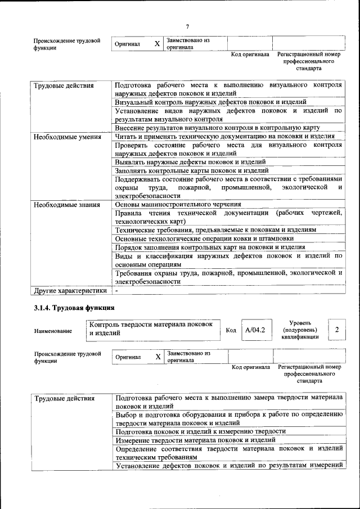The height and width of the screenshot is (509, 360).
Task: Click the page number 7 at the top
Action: tap(187, 26)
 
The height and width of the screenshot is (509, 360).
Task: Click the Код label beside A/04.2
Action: tap(231, 330)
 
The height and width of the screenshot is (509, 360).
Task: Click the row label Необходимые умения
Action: tap(67, 137)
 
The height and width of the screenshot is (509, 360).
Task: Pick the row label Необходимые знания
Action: tap(67, 205)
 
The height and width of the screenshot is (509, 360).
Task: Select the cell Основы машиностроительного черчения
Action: tap(178, 205)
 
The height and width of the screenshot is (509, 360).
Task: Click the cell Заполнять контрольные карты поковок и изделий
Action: tap(192, 170)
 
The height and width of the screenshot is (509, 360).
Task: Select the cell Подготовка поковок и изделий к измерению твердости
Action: tap(200, 431)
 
